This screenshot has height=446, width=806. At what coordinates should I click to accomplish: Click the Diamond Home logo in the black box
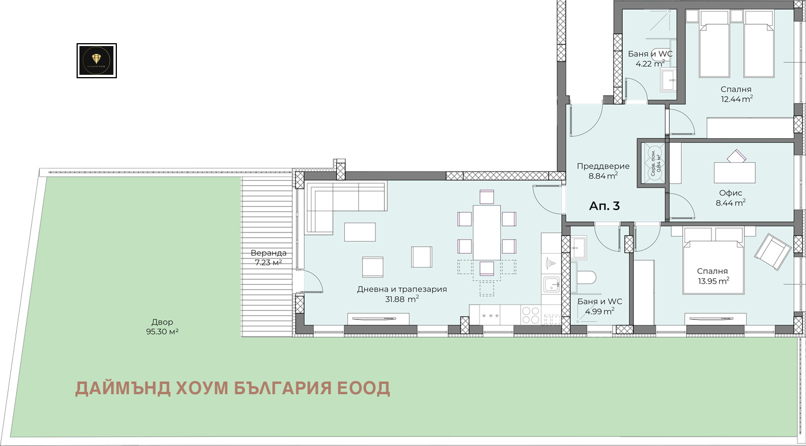[97, 60]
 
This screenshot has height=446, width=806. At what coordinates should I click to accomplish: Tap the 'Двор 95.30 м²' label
[162, 327]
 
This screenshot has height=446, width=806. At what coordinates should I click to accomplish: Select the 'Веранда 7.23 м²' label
[268, 257]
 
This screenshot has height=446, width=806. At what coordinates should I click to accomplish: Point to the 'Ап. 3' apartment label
[604, 206]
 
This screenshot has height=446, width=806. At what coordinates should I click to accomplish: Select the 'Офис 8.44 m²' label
[730, 197]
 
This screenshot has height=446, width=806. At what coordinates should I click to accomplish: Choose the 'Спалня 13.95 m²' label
[712, 275]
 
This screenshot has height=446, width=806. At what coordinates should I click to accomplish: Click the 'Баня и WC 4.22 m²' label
[650, 58]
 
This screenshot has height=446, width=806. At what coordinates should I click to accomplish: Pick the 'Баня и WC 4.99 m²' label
[599, 306]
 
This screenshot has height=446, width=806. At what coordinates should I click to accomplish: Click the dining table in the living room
[486, 232]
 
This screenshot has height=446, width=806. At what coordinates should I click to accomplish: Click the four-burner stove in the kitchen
[530, 314]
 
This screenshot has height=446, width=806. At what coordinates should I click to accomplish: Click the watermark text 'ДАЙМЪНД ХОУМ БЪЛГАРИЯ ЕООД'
[233, 388]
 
